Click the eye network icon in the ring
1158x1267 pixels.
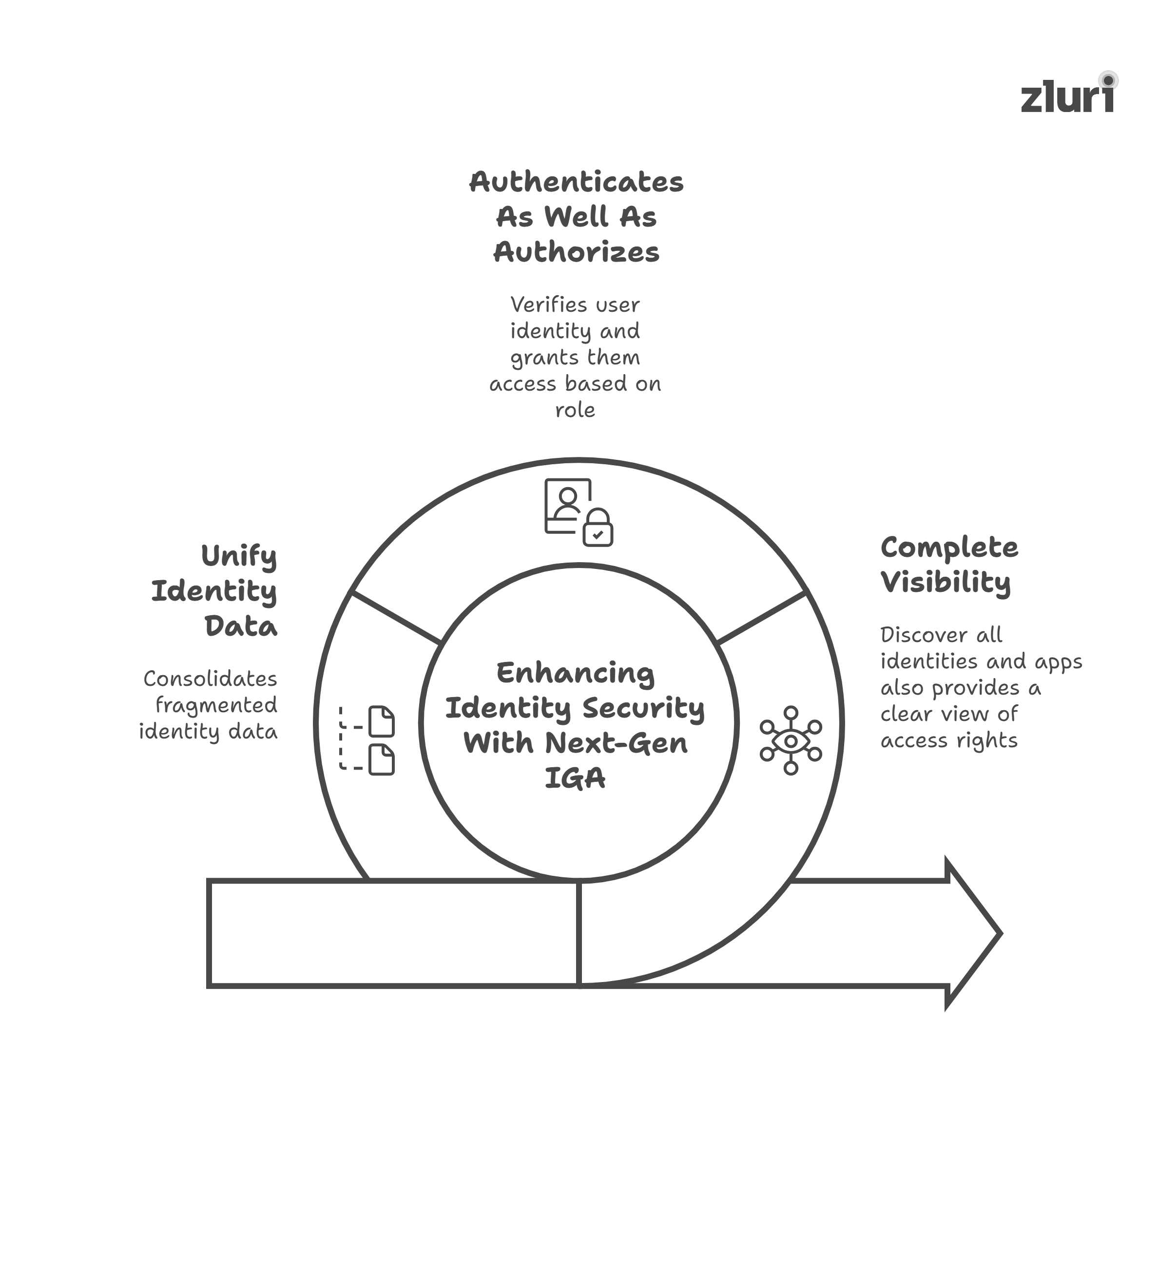791,740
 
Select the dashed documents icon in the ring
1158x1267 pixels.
367,740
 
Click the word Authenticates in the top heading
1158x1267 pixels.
576,182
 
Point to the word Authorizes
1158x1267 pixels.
576,253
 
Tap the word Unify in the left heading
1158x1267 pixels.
238,557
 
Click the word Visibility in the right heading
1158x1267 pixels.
946,583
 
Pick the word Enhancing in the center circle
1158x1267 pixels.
575,673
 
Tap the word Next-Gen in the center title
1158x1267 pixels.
616,743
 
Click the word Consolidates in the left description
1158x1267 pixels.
210,679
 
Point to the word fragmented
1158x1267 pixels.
216,705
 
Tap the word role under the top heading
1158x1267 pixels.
575,410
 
